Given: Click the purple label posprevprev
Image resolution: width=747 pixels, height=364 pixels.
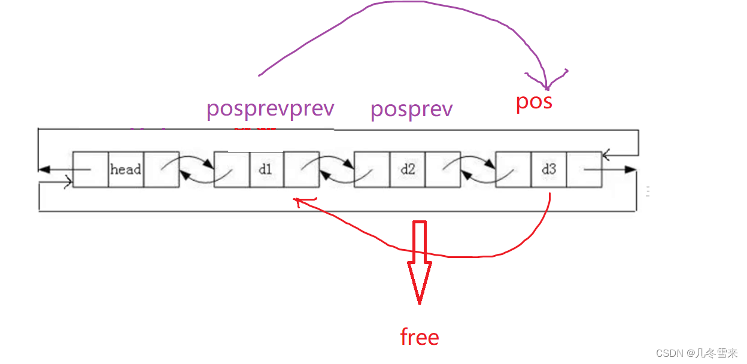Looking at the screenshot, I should click(270, 110).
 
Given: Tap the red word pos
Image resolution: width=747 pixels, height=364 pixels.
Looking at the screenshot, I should click(534, 101).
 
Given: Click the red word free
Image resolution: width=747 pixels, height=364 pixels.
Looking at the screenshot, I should click(419, 337).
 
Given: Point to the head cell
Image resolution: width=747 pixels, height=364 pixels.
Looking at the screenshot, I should click(126, 169).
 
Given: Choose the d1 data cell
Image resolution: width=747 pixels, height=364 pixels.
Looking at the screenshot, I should click(266, 169).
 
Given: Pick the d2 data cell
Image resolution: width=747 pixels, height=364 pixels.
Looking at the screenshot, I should click(408, 169).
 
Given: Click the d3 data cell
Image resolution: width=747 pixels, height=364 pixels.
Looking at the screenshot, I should click(549, 169).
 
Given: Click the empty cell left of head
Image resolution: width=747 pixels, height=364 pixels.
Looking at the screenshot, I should click(90, 169).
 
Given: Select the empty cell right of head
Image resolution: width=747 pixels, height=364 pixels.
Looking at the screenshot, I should click(161, 169).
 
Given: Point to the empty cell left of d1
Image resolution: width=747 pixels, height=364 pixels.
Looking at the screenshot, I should click(232, 169).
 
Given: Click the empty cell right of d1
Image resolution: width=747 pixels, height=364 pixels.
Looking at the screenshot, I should click(301, 169).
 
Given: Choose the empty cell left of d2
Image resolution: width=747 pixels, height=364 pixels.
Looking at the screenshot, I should click(372, 169).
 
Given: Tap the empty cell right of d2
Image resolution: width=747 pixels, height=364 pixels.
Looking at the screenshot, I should click(443, 169).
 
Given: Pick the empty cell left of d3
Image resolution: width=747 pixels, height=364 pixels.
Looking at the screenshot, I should click(514, 169).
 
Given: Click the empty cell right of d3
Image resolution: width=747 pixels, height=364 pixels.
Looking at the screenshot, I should click(584, 169).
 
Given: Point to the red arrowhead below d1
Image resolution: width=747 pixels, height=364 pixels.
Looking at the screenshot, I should click(297, 201).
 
